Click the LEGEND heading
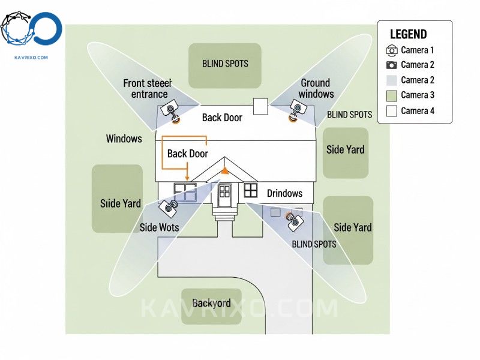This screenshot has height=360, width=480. [x=408, y=35]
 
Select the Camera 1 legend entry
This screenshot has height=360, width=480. [x=417, y=50]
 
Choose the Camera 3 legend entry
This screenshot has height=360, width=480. [x=417, y=95]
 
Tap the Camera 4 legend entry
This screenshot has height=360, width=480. [x=417, y=110]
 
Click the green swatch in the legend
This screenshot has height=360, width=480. [x=392, y=95]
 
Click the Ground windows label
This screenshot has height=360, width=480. [x=316, y=88]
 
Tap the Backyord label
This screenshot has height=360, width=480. [x=211, y=304]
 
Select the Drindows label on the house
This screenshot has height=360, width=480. [x=284, y=193]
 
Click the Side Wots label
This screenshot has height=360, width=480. [x=159, y=227]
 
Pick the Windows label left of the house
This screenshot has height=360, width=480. [x=124, y=139]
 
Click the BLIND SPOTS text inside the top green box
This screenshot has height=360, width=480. [x=224, y=64]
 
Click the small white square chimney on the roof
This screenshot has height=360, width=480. [x=260, y=106]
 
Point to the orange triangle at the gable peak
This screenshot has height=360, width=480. [x=224, y=170]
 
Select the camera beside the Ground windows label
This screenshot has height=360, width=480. [x=297, y=109]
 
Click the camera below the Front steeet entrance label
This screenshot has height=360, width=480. [x=172, y=110]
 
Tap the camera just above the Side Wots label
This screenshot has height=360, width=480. [x=167, y=208]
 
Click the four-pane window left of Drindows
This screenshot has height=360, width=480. [x=250, y=190]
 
